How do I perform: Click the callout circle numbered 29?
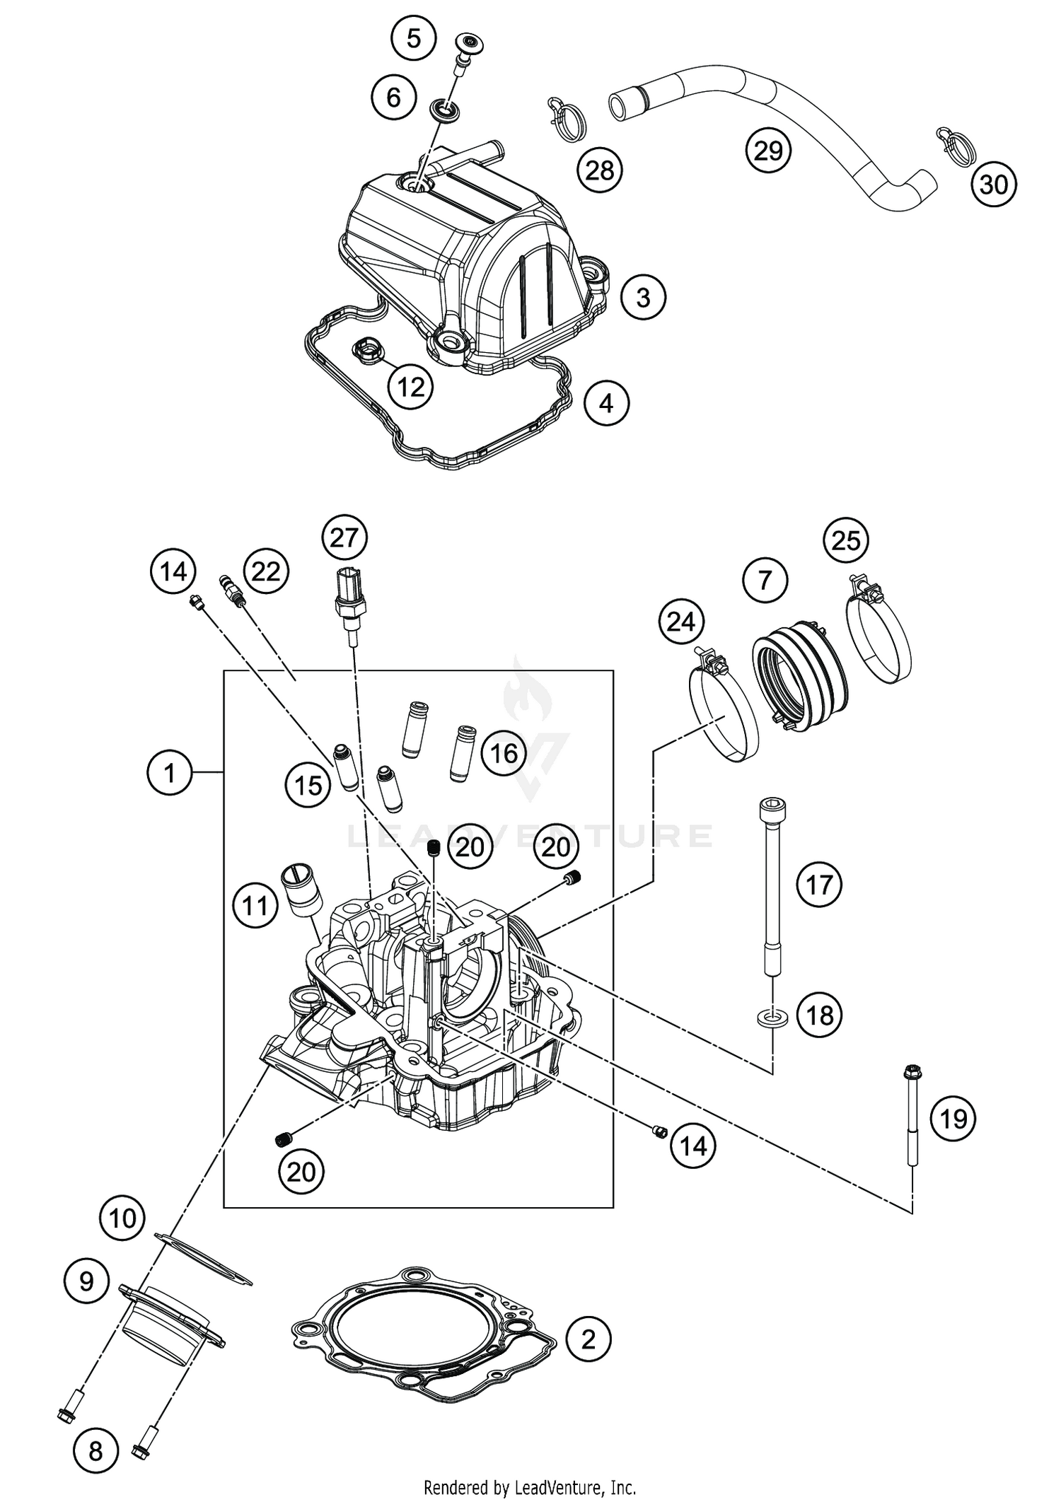(x=768, y=150)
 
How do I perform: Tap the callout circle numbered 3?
(x=643, y=297)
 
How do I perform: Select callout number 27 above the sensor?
(x=344, y=538)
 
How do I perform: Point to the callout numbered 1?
(x=169, y=773)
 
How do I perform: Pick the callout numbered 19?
(x=953, y=1119)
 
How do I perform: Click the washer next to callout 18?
(x=772, y=1019)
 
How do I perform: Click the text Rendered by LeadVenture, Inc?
(x=530, y=1488)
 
